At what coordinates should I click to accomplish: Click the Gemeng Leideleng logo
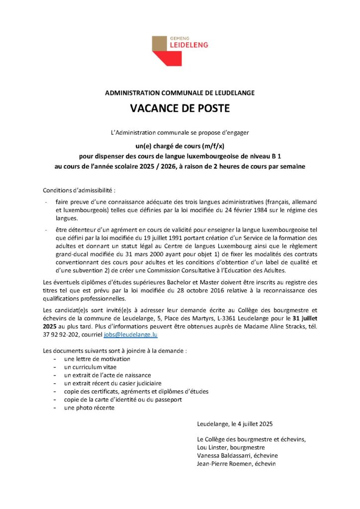point(180,50)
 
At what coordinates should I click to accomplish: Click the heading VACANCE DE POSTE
point(180,108)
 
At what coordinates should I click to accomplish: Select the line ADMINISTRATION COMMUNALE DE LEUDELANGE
point(180,93)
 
